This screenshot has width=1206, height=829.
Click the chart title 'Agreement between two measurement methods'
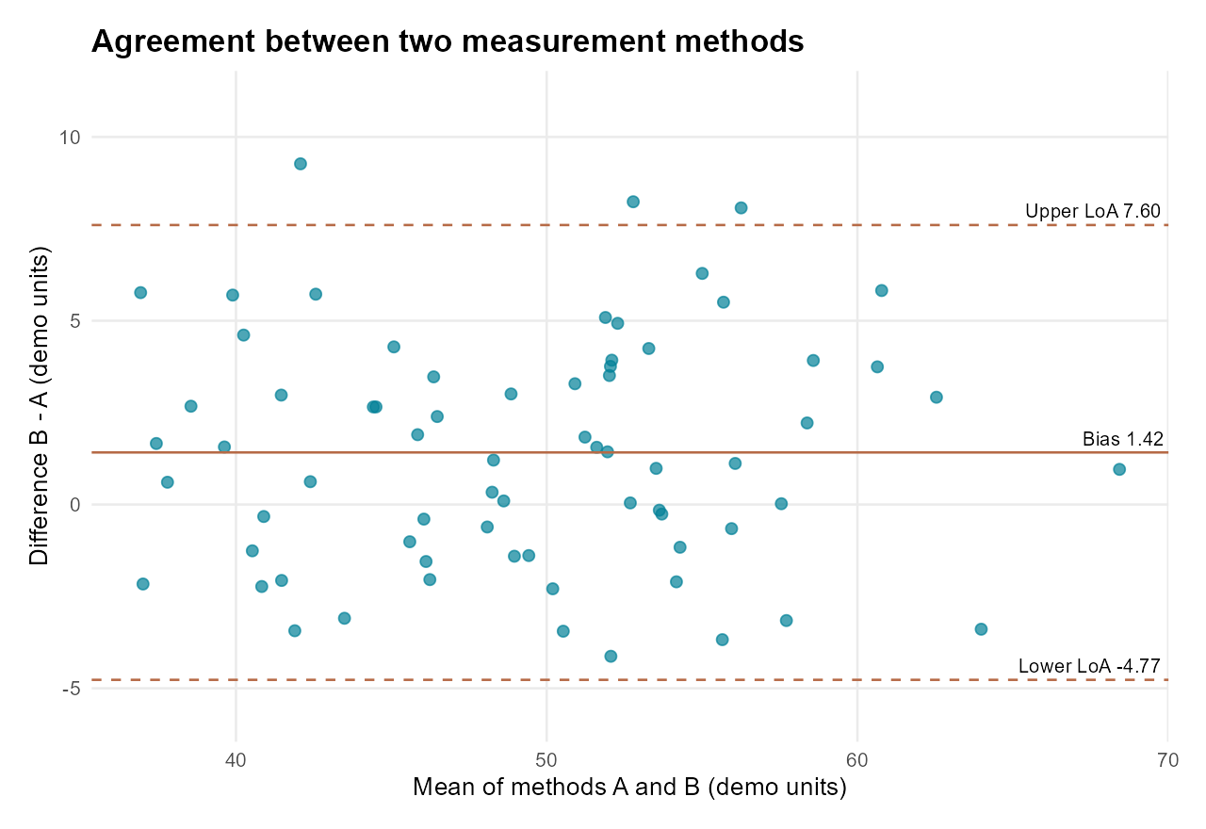[448, 41]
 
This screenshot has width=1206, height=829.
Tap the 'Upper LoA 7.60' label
[1092, 211]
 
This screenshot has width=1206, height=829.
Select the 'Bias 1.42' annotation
[1122, 439]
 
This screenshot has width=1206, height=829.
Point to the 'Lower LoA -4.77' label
[1089, 666]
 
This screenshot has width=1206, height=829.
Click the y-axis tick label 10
[70, 138]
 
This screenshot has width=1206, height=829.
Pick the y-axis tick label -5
[71, 689]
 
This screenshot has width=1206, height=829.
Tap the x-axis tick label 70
[1167, 760]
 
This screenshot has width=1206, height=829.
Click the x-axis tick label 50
[546, 760]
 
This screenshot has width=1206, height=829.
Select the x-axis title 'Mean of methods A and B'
[556, 787]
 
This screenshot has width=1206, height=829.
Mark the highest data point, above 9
[301, 164]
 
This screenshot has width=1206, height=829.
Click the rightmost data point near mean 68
[1119, 469]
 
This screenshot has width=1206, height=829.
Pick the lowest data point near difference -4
[611, 657]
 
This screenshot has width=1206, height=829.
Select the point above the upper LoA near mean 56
[741, 208]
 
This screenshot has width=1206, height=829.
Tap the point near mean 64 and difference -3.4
[981, 629]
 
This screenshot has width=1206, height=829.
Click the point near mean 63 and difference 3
[937, 398]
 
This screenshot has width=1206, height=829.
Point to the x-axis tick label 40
[236, 760]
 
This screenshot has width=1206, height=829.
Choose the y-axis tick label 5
[75, 321]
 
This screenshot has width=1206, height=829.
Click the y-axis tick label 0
[75, 505]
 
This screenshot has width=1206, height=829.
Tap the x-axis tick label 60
[857, 760]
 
